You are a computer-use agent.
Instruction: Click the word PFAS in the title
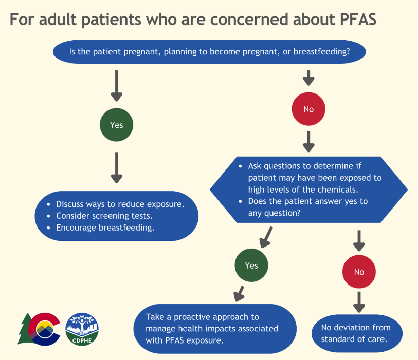(x=351, y=20)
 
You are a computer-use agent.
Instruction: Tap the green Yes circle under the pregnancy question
(x=117, y=125)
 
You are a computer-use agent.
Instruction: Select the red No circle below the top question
(x=308, y=109)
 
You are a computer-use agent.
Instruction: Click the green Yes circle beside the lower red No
(x=251, y=265)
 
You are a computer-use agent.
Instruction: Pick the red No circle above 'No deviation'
(x=359, y=272)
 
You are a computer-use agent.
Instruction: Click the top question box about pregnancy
(x=210, y=52)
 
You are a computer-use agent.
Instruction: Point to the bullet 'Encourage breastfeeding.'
(x=105, y=228)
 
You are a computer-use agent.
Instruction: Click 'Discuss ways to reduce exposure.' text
(x=120, y=204)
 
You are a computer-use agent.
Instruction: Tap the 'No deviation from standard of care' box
(x=356, y=333)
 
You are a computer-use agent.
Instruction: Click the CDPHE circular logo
(x=82, y=329)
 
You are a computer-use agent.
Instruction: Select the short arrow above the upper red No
(x=308, y=77)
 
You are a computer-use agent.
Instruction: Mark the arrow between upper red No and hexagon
(x=308, y=141)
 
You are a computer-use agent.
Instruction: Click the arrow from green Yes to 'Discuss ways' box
(x=117, y=167)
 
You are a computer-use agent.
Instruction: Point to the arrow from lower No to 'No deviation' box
(x=359, y=302)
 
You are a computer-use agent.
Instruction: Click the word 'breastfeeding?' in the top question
(x=322, y=52)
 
